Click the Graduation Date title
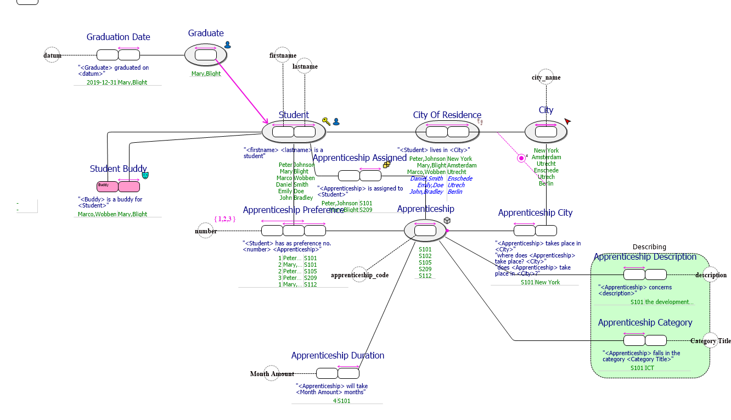(x=118, y=37)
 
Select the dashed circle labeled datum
(x=52, y=55)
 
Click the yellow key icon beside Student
(x=326, y=121)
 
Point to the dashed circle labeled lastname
(x=305, y=66)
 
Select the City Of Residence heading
(x=447, y=115)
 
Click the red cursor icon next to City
(x=567, y=121)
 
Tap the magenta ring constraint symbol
(x=521, y=158)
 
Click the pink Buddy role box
(x=108, y=187)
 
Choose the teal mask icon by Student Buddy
(x=145, y=175)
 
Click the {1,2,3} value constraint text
(x=225, y=219)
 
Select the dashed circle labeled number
(x=206, y=231)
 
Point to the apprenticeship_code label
(x=359, y=275)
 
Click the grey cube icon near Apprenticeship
(x=447, y=221)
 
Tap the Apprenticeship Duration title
(x=338, y=355)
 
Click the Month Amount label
(x=272, y=374)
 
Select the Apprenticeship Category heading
(x=645, y=322)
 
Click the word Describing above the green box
(x=649, y=247)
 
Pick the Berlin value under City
(x=546, y=183)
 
